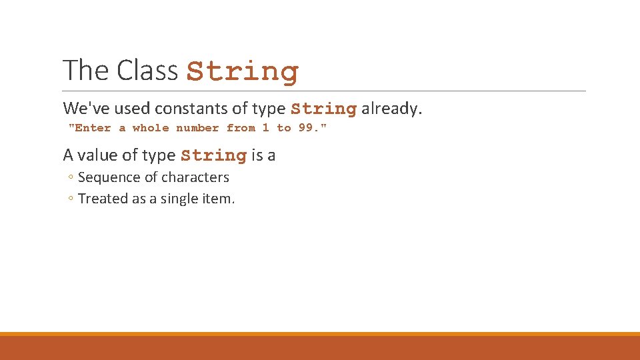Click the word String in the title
[x=243, y=71]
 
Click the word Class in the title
[x=145, y=70]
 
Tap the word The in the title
[x=86, y=70]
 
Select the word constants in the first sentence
[x=186, y=109]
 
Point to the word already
[x=392, y=109]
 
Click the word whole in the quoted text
[x=151, y=128]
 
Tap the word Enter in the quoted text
[x=91, y=128]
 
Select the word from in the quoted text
[x=241, y=128]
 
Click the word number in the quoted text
[x=197, y=128]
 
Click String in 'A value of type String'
[x=213, y=156]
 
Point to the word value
[x=98, y=155]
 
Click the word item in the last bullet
[x=219, y=199]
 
